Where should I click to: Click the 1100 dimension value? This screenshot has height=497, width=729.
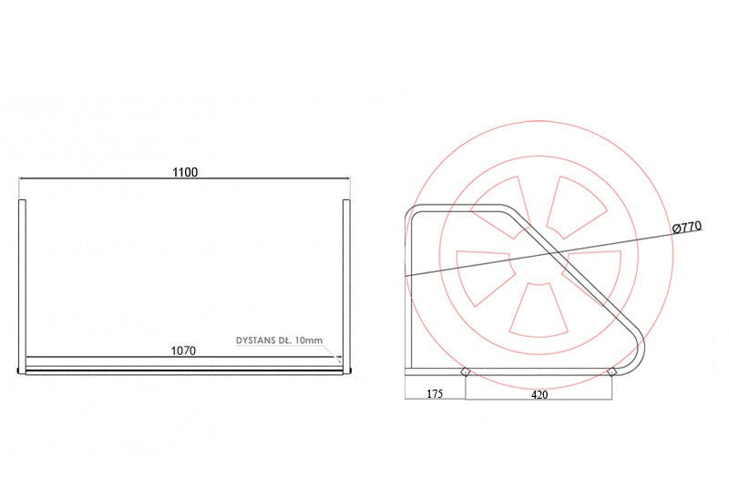(x=185, y=172)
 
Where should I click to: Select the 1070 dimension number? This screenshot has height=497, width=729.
(x=184, y=350)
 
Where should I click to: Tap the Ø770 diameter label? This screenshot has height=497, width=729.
(x=687, y=228)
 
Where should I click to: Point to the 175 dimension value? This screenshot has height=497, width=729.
(x=435, y=394)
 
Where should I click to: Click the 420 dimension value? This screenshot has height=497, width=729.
(x=539, y=395)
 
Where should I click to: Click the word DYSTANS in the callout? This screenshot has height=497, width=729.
(x=256, y=340)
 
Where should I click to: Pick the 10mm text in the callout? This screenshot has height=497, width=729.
(x=309, y=340)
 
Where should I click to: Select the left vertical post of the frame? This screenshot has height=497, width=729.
(x=22, y=286)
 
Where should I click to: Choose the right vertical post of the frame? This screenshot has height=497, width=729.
(x=346, y=286)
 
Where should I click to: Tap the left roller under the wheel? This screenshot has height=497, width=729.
(x=465, y=371)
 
